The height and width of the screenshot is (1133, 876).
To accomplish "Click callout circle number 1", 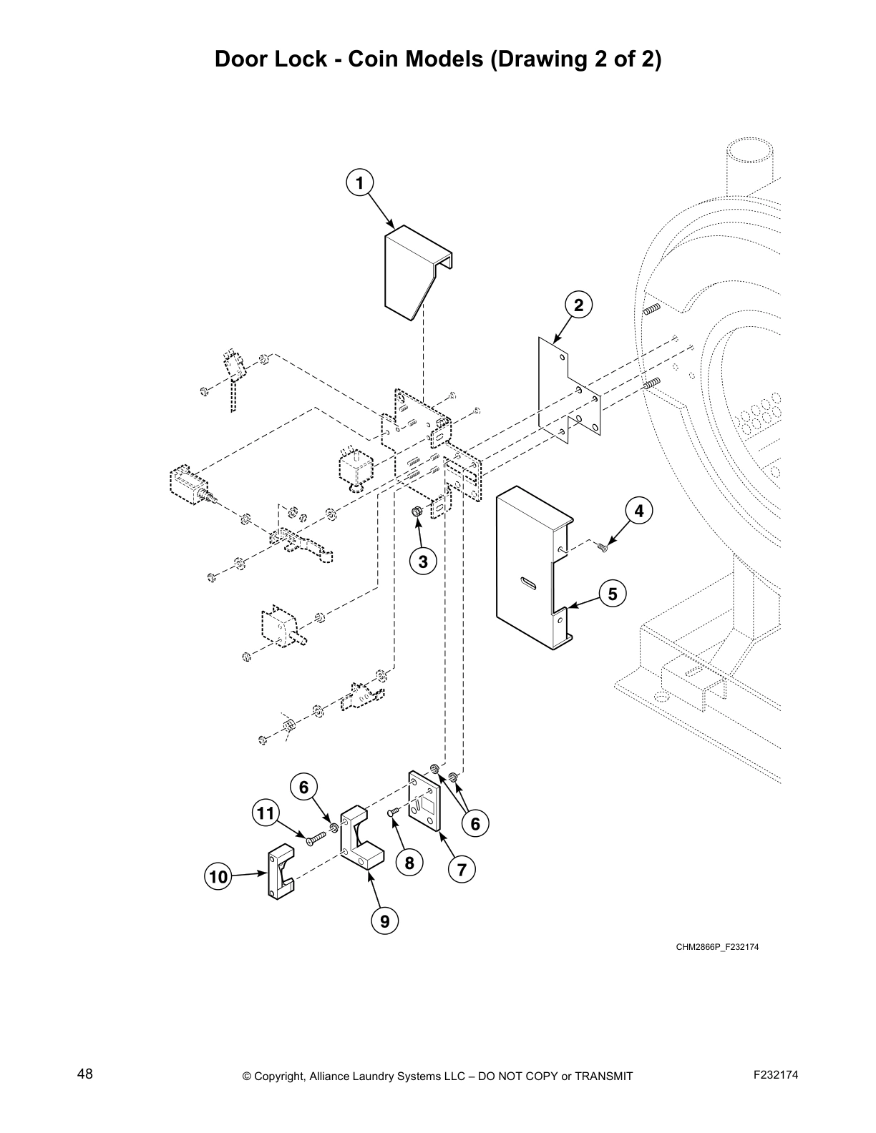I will click(360, 182).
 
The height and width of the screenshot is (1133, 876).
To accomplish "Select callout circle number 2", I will click(578, 305).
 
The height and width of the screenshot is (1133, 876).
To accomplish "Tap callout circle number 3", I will click(423, 561).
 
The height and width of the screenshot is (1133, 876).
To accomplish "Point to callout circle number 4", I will click(638, 511).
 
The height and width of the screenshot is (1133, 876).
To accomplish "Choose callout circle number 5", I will click(612, 594).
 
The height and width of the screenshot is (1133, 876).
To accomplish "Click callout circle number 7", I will click(462, 870).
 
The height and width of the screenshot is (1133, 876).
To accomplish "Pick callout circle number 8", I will click(409, 863).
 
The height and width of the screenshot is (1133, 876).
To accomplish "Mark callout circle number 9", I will click(385, 921).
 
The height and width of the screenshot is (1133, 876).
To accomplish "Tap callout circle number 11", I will click(266, 813).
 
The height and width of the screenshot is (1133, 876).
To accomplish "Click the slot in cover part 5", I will click(528, 583).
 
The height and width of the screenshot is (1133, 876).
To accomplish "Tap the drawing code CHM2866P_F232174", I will click(717, 947).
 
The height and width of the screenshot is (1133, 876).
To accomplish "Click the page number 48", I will click(85, 1074).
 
